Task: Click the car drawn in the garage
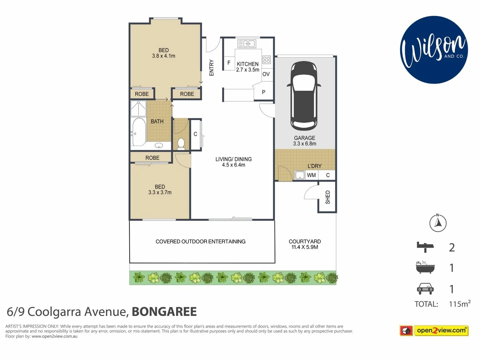coord(304,96)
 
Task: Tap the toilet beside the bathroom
coord(181,144)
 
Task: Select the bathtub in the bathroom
coord(138,132)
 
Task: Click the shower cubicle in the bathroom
coord(138,108)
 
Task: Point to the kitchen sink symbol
coord(247,44)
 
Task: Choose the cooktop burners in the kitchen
coord(266,60)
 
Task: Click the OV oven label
coord(266,74)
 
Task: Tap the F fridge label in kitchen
coord(229,63)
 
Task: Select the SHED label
coord(327,197)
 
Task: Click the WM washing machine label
coord(311,175)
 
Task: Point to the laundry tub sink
coord(300,175)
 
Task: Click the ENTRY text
coord(211,68)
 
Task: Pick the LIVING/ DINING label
coord(233,159)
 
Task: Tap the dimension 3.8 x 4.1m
coord(163,56)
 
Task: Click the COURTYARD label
coord(305,241)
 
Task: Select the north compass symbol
coord(438,223)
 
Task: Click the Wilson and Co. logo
coord(434,50)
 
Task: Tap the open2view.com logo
coord(434,330)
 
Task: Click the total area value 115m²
coord(459,304)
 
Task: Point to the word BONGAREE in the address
coord(164,312)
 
